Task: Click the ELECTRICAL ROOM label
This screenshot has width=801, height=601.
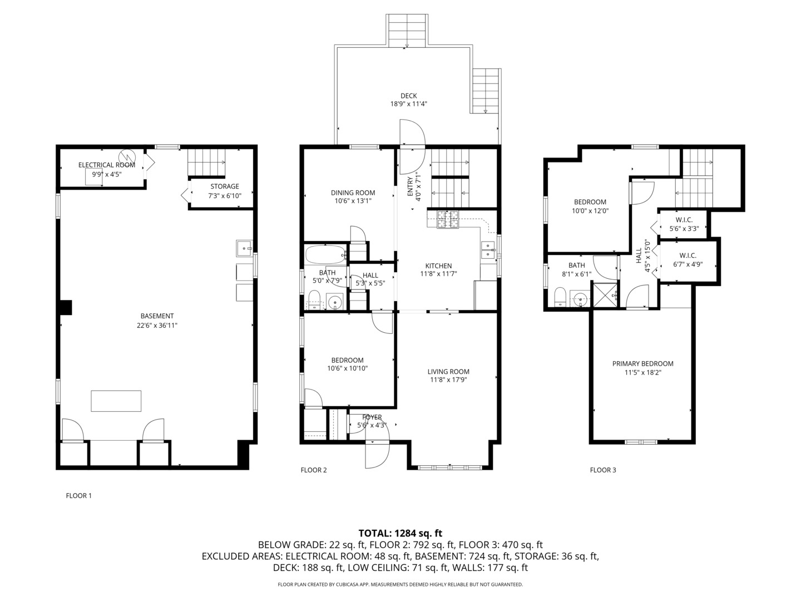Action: point(106,165)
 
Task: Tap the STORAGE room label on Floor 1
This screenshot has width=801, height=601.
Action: point(224,186)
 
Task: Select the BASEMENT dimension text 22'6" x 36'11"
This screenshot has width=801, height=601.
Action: point(157,325)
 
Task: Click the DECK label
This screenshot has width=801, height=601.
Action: point(408,96)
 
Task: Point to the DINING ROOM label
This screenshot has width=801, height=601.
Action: point(353,193)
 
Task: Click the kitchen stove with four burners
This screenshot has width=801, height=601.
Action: point(448,219)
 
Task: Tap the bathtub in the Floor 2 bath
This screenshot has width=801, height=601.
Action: point(326,255)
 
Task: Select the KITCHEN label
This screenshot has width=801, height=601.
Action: point(438,266)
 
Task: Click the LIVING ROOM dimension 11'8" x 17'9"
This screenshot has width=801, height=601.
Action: point(448,381)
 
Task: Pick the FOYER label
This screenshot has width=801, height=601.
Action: point(372,417)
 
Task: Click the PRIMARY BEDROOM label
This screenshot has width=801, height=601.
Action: point(642,364)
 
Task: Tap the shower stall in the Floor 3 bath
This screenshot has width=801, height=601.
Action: point(604,294)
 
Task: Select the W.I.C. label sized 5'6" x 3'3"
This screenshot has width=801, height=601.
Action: point(684,220)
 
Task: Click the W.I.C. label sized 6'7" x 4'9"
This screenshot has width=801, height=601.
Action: point(688,256)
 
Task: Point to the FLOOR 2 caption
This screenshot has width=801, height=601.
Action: point(314,470)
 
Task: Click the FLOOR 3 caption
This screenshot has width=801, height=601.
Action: point(603,470)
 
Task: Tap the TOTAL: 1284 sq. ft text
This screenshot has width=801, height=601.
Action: point(400,533)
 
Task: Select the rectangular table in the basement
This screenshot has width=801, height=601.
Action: point(116,401)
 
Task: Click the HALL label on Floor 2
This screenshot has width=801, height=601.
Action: point(370,275)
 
